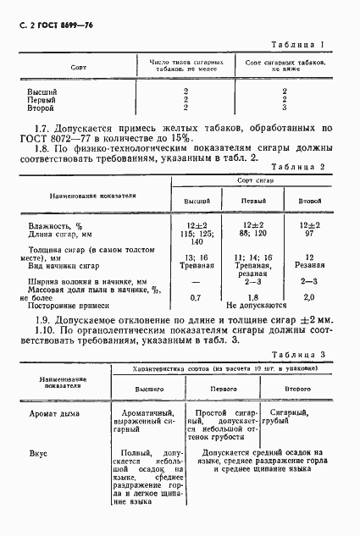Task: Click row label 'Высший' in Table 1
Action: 42,90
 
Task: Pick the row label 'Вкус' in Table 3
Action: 37,453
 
